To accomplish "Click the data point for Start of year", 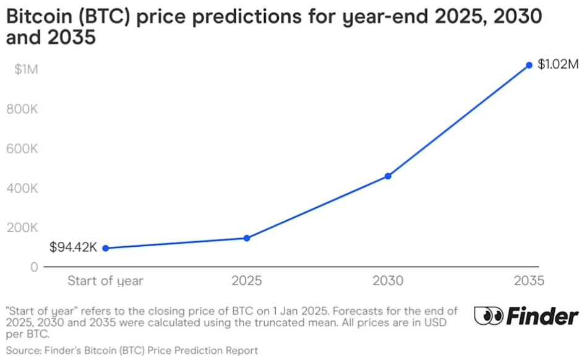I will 105,248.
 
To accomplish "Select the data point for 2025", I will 247,238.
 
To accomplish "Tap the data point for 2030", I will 388,176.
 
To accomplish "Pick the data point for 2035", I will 529,65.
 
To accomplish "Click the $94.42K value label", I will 73,248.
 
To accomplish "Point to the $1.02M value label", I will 558,65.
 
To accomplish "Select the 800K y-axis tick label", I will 23,109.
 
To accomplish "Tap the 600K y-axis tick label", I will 23,149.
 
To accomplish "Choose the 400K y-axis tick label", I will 23,188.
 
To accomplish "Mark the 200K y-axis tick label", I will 23,228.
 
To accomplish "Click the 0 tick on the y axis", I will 35,267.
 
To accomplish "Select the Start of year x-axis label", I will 105,281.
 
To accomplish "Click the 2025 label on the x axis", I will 247,281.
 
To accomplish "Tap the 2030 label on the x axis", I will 388,281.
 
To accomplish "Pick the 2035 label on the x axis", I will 529,281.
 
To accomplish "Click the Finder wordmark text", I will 542,317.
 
